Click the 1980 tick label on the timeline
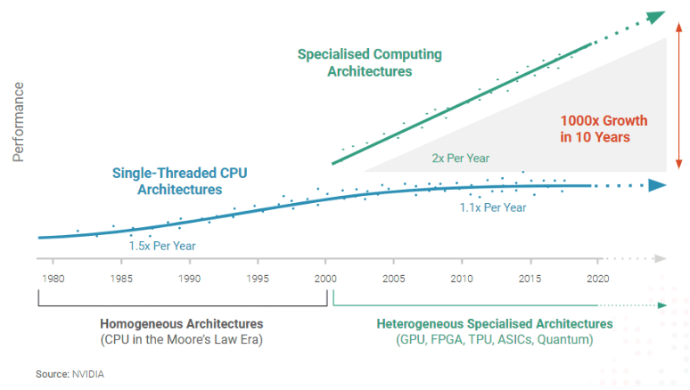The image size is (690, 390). coord(53,279)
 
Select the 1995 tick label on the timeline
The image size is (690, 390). coord(258,279)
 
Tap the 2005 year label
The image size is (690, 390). coord(393,279)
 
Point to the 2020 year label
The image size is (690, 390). coord(596,279)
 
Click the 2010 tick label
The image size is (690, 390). coord(461,279)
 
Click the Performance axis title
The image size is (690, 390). coord(19,122)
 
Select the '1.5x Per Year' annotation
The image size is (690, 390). coord(162,246)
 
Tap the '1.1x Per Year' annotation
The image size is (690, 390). coord(492,207)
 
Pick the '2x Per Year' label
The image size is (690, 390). coord(461,158)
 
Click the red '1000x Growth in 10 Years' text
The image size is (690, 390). coord(604,129)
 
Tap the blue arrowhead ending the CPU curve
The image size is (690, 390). coord(658,185)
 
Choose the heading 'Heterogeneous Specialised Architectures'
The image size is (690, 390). coord(495,323)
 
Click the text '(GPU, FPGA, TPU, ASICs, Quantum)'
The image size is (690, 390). coord(495,340)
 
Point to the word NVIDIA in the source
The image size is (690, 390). coord(87,374)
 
